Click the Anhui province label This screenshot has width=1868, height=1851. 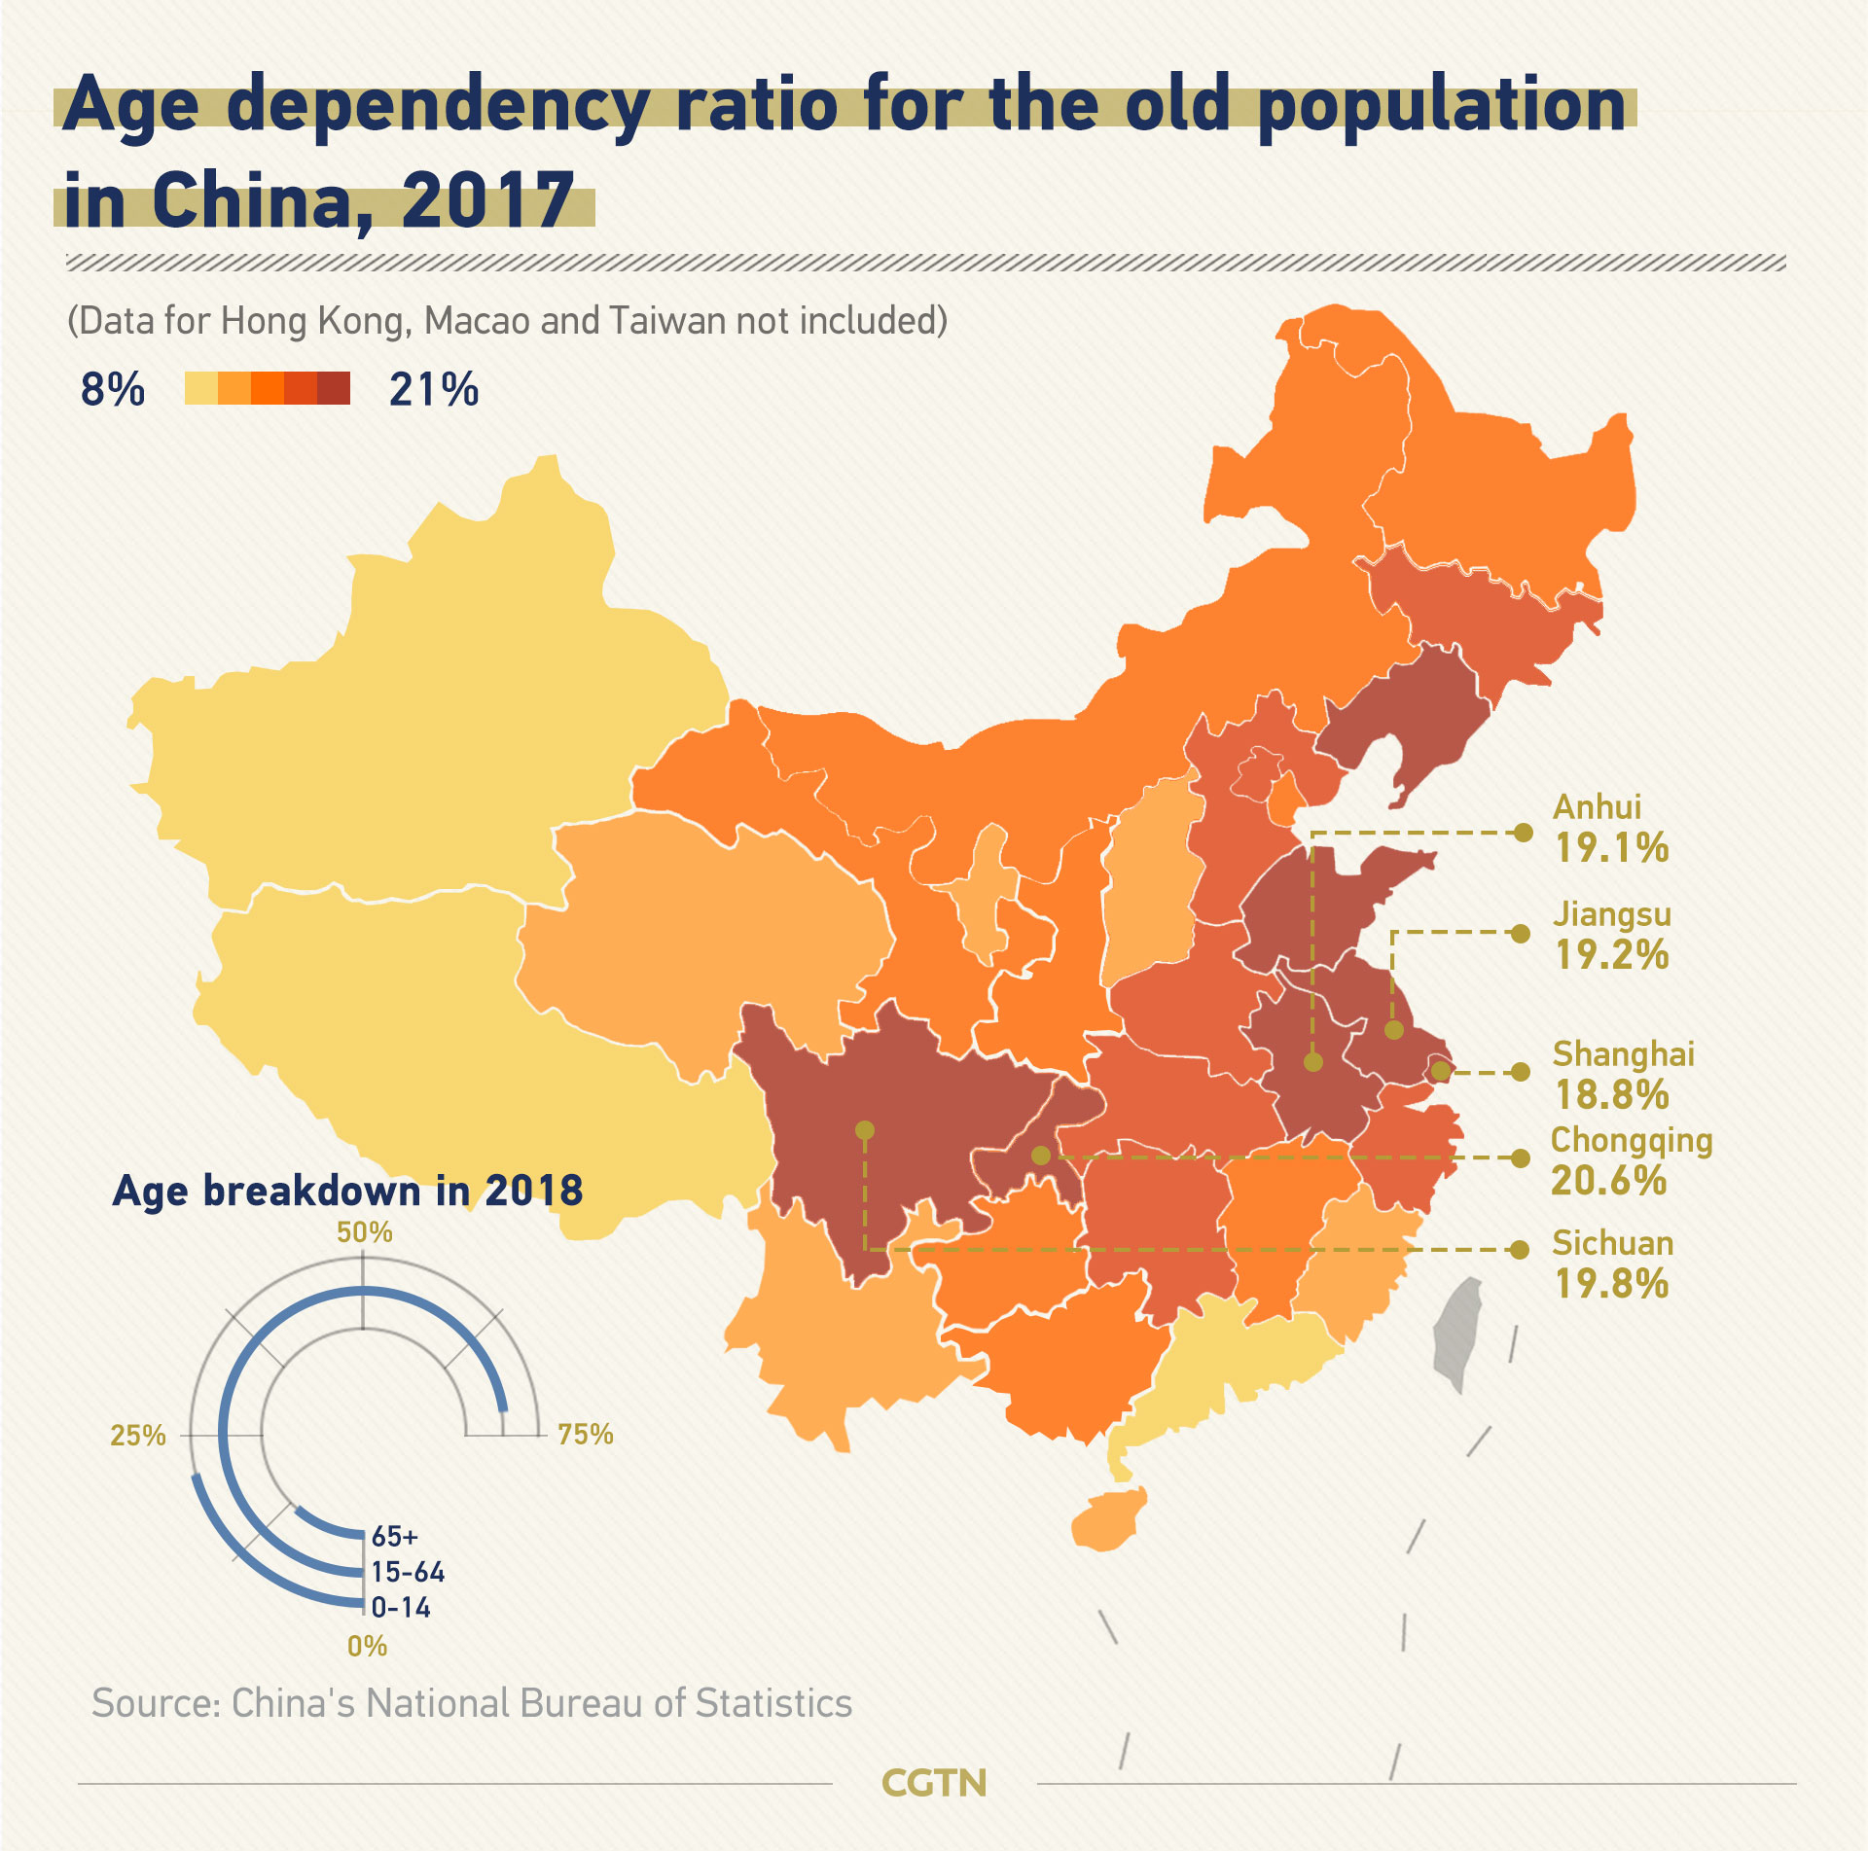point(1597,806)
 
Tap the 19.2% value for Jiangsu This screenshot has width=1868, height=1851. point(1611,955)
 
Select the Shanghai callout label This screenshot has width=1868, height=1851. point(1623,1054)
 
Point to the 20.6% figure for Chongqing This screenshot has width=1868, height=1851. point(1608,1181)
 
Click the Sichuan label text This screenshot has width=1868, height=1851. point(1612,1243)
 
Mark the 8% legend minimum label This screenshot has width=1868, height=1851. point(113,389)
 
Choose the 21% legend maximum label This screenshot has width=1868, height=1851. point(434,389)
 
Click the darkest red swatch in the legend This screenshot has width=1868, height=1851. point(334,388)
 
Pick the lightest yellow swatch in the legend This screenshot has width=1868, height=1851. point(201,388)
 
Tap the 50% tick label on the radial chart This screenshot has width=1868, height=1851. point(365,1232)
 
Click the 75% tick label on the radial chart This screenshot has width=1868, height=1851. point(586,1435)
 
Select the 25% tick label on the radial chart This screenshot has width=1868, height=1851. point(138,1436)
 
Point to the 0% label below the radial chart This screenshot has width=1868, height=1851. point(368,1646)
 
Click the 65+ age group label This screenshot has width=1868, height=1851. point(395,1537)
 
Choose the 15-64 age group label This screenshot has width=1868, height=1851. point(408,1572)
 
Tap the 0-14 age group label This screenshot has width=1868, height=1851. point(401,1608)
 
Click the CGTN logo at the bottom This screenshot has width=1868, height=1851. point(934,1783)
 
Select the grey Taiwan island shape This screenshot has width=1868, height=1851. point(1457,1333)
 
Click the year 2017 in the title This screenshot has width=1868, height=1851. point(487,199)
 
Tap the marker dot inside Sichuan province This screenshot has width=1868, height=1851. point(865,1130)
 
